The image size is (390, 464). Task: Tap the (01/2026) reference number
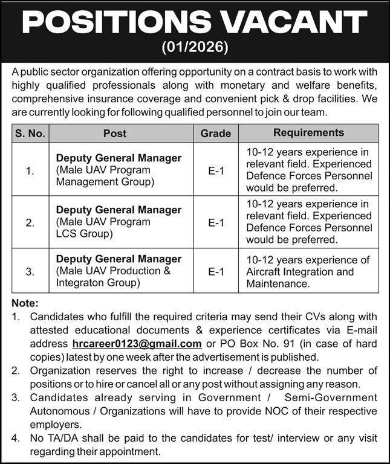[x=195, y=47]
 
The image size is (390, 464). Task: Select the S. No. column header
[x=30, y=133]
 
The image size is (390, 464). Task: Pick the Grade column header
[x=216, y=133]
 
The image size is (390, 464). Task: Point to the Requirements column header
[x=308, y=132]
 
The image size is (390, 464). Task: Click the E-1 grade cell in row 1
[x=216, y=170]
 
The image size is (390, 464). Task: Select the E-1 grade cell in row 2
[x=216, y=222]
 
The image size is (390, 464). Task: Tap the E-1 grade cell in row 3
[x=216, y=272]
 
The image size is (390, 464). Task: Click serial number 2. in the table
[x=30, y=222]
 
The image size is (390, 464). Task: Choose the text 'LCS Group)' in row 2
[x=80, y=234]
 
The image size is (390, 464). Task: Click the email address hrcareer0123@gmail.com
[x=136, y=344]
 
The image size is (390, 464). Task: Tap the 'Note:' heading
[x=25, y=303]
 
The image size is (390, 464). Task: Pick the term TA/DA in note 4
[x=60, y=439]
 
